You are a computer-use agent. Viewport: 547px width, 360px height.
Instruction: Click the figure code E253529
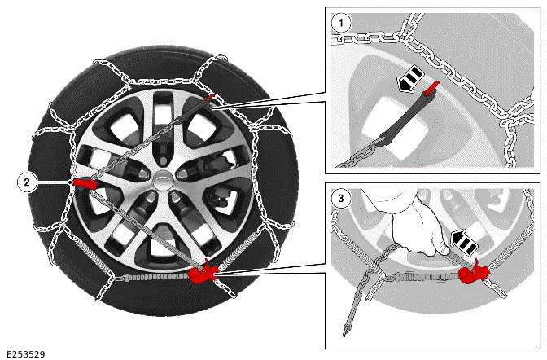coord(25,353)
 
